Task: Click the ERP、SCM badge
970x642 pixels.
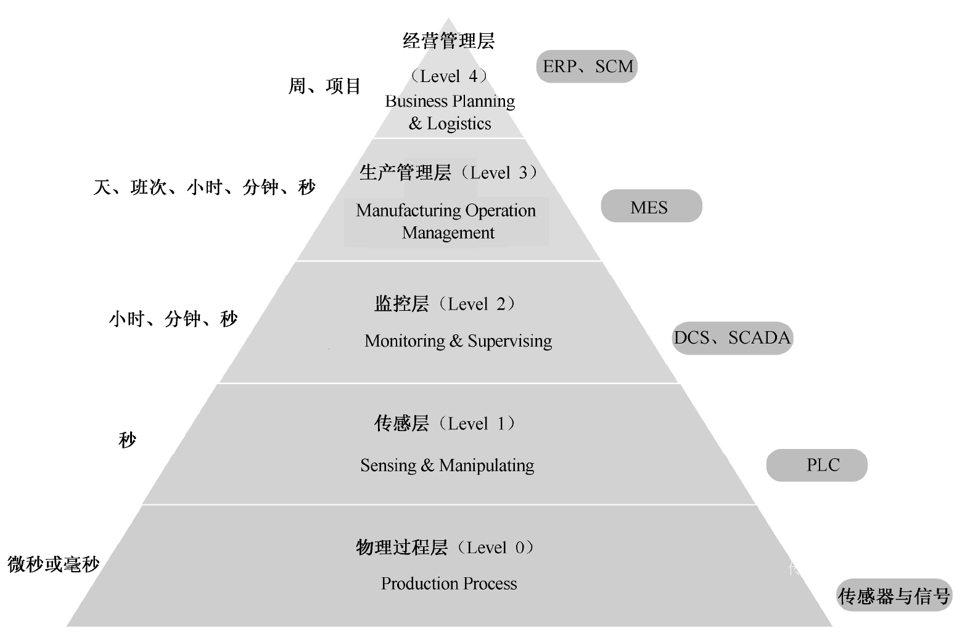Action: click(x=586, y=67)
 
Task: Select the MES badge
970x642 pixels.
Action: click(x=651, y=207)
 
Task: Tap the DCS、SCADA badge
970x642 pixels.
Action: click(x=732, y=338)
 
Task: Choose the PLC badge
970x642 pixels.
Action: click(x=816, y=465)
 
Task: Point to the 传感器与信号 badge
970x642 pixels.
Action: click(x=894, y=596)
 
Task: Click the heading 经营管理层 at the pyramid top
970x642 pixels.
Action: click(x=449, y=41)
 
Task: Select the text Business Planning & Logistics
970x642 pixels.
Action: click(x=450, y=112)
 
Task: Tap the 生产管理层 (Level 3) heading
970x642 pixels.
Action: click(x=448, y=173)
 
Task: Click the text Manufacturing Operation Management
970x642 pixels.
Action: click(x=446, y=221)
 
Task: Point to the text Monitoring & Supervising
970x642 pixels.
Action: click(x=458, y=341)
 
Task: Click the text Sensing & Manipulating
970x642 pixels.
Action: click(x=447, y=466)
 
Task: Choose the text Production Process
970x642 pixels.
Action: click(x=449, y=583)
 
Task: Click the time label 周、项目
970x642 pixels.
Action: click(x=324, y=86)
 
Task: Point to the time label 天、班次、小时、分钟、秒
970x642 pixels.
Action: click(x=205, y=187)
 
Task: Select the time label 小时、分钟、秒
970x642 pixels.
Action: click(x=173, y=319)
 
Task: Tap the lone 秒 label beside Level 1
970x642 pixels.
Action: click(x=127, y=440)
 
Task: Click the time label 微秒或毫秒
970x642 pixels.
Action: click(x=54, y=564)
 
